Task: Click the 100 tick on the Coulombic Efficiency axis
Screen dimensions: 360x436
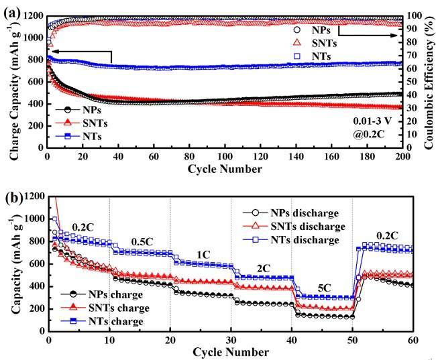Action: (x=414, y=15)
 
